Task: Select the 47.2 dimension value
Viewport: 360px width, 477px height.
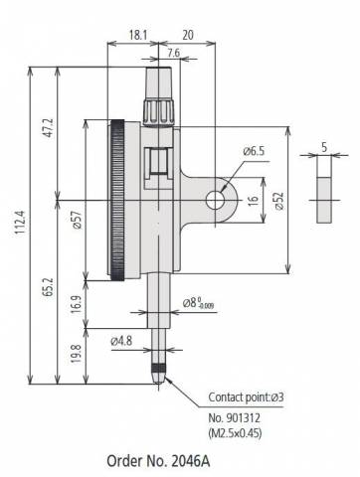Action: [x=49, y=127]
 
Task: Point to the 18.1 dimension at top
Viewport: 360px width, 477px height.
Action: [x=137, y=35]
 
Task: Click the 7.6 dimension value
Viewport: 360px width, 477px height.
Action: [x=173, y=53]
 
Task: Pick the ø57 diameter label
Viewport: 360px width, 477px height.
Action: [x=77, y=221]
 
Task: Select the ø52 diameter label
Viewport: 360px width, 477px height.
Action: [x=279, y=201]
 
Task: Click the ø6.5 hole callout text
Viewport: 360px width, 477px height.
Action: [x=254, y=151]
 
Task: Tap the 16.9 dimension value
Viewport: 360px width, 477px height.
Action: [x=76, y=304]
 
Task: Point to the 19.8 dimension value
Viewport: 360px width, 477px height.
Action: [x=76, y=354]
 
